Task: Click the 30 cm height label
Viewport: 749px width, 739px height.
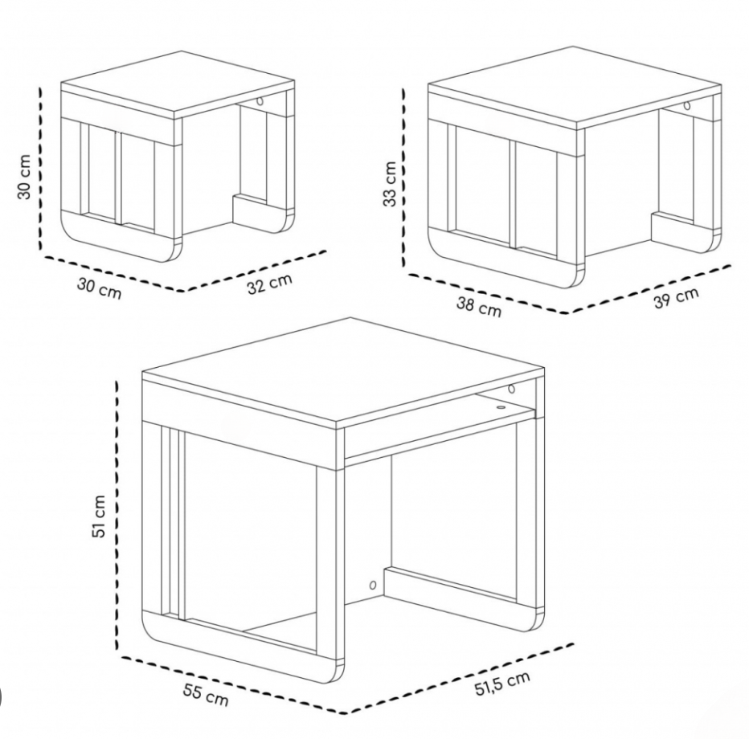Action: coord(24,176)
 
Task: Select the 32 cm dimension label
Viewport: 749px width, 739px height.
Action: coord(269,284)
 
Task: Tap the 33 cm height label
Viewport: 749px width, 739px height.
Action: coord(391,184)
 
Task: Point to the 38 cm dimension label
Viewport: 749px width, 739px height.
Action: coord(479,306)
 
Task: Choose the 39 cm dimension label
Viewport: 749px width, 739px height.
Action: coord(675,298)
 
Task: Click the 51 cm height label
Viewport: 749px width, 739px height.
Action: coord(98,516)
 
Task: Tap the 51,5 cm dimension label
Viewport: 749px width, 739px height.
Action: coord(502,683)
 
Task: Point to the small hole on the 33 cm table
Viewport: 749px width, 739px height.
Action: coord(687,105)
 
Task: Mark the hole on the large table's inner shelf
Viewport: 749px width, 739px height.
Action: coord(501,407)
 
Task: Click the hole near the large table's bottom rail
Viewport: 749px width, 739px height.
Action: coord(373,585)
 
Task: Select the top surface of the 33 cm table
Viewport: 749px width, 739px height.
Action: coord(574,86)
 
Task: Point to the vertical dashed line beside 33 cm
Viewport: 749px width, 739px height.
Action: coord(404,178)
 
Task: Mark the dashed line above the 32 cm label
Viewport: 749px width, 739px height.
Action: coord(255,271)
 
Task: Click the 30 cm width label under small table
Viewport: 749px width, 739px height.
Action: coord(100,289)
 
